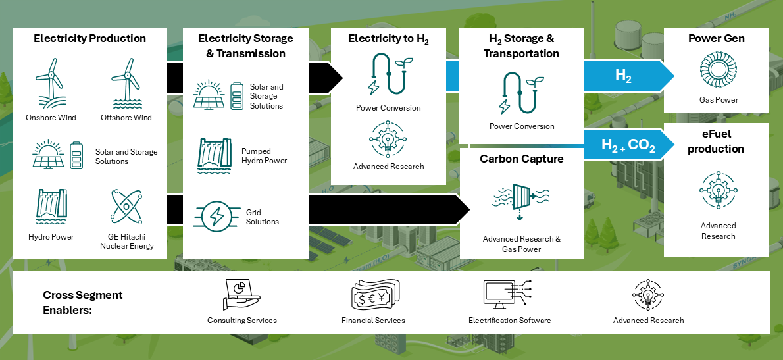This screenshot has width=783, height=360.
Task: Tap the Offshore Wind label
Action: point(126,118)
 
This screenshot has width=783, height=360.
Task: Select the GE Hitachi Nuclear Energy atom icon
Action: point(126,206)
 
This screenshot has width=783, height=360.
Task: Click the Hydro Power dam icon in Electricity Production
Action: point(51,206)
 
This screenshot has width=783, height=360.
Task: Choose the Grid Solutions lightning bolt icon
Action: point(215,217)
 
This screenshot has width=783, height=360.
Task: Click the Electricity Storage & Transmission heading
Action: point(245,46)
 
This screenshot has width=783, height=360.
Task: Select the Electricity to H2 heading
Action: point(388,39)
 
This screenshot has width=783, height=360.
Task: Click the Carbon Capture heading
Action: point(521,159)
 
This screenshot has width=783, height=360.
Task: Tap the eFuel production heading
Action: point(716,141)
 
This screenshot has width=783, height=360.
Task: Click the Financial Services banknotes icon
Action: point(374,296)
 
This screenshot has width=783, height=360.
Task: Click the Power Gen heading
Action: point(717,38)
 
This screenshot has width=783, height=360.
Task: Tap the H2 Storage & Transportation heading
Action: point(521,46)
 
